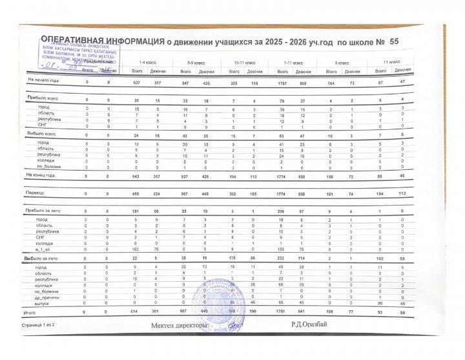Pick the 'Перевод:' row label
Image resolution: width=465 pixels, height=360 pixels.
36,192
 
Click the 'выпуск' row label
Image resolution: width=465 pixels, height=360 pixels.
43,302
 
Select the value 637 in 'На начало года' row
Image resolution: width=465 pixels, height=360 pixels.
136,83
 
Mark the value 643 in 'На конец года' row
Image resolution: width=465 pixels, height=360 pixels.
136,175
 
